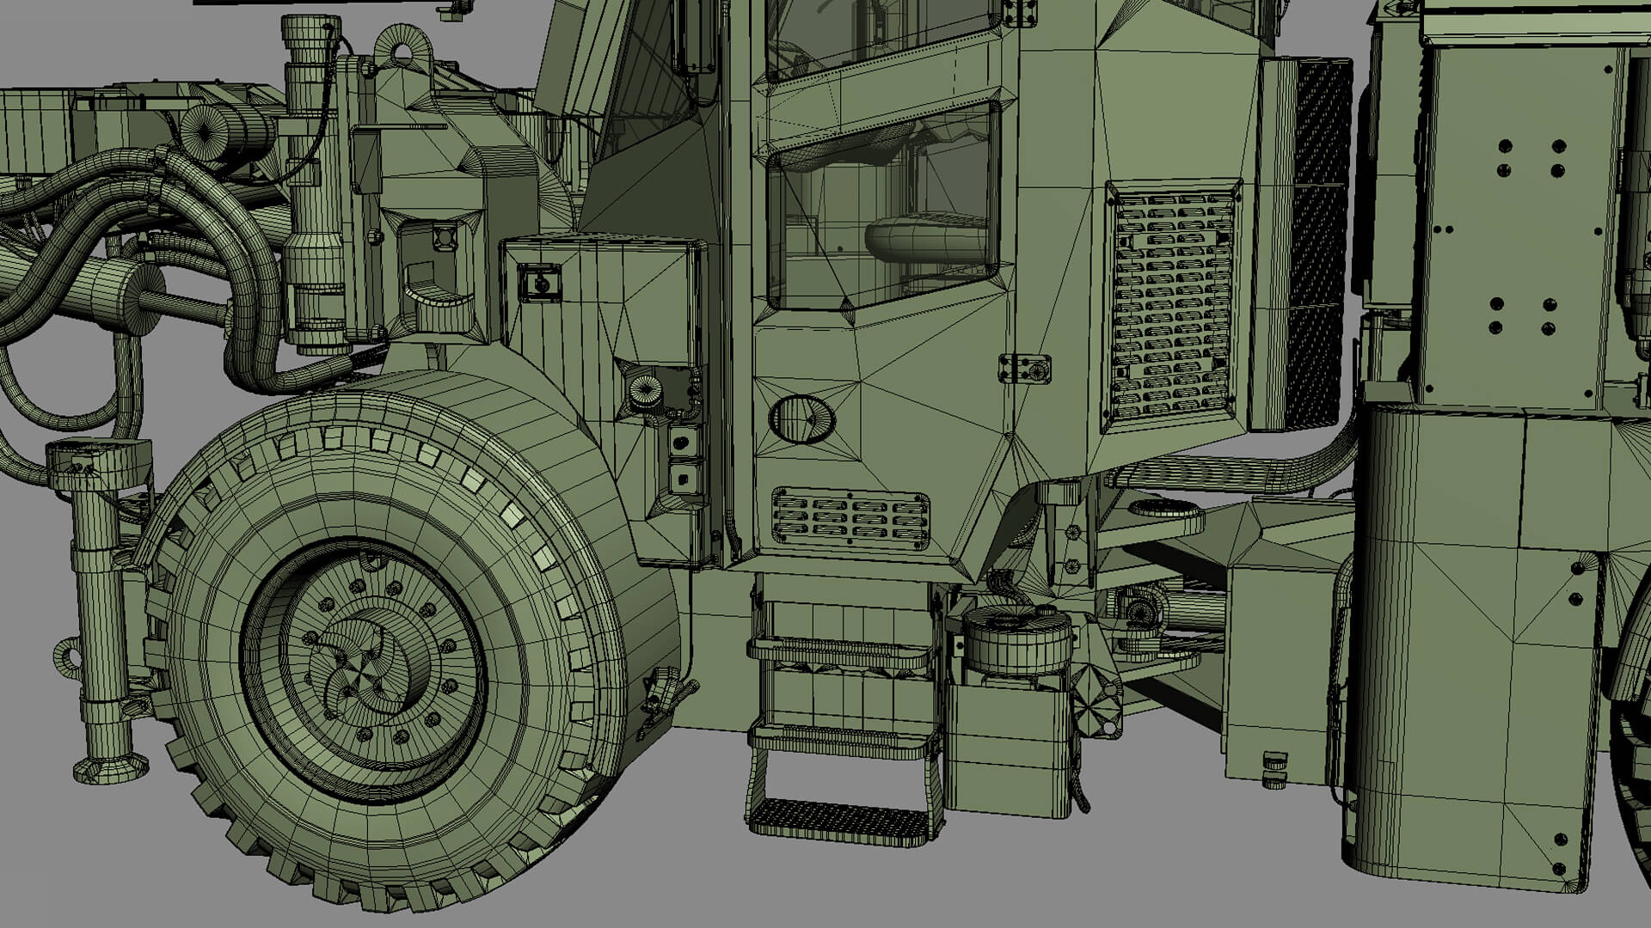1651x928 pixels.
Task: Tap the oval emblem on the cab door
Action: click(x=801, y=419)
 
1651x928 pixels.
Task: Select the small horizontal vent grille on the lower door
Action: click(x=850, y=518)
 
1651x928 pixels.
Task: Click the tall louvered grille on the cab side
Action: click(x=1172, y=305)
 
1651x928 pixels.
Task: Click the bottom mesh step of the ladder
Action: click(x=838, y=819)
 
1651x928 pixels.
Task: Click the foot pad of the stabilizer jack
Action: click(x=109, y=768)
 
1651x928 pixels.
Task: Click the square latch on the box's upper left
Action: click(x=540, y=282)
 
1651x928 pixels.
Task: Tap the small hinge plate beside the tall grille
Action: click(x=1025, y=369)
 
